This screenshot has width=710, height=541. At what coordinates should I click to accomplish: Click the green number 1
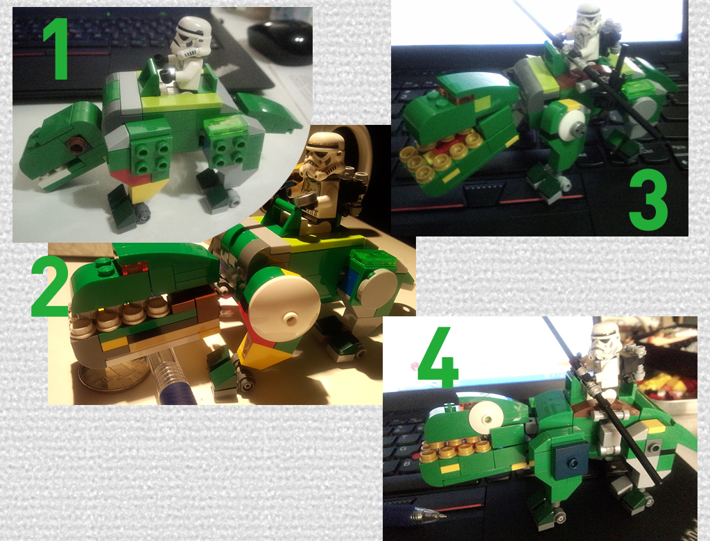click(55, 49)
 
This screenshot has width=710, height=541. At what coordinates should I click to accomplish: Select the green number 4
click(438, 357)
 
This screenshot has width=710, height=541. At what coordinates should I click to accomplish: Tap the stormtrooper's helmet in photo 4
click(605, 341)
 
